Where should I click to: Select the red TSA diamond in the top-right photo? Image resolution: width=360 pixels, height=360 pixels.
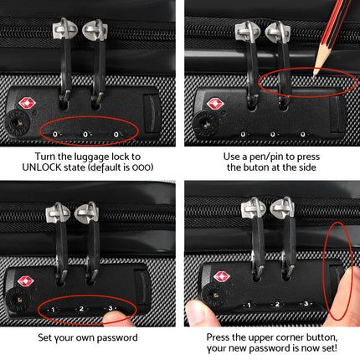point(215,104)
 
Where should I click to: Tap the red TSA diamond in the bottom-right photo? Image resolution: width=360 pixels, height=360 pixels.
point(221,276)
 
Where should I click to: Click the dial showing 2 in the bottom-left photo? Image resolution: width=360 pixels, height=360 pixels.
point(81,309)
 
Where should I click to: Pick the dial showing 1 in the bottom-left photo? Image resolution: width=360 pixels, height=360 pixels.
point(52,310)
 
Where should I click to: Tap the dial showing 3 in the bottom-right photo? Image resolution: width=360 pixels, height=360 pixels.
point(306,304)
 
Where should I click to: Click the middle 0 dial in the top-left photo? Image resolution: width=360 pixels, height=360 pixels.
point(85,133)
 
